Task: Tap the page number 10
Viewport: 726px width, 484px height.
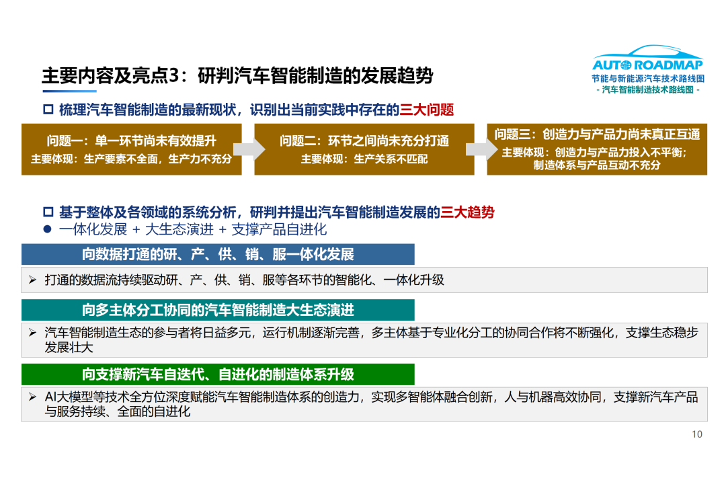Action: pyautogui.click(x=697, y=434)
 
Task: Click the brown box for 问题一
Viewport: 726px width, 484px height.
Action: pyautogui.click(x=132, y=149)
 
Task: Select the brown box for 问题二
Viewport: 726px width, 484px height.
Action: pyautogui.click(x=364, y=149)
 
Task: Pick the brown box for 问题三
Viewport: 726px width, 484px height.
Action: pyautogui.click(x=597, y=149)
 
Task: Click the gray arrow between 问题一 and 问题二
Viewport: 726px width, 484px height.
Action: pyautogui.click(x=249, y=149)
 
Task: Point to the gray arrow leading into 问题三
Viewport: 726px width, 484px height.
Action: pyautogui.click(x=481, y=149)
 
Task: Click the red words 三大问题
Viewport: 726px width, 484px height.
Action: pyautogui.click(x=426, y=110)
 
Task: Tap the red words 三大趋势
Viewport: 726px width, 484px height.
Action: pyautogui.click(x=467, y=212)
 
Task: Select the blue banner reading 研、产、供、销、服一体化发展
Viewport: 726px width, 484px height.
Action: pyautogui.click(x=218, y=254)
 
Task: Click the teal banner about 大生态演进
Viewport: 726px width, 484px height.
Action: pyautogui.click(x=218, y=310)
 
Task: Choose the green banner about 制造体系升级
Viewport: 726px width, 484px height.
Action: pyautogui.click(x=218, y=374)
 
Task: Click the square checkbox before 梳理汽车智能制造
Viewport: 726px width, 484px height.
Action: pyautogui.click(x=48, y=110)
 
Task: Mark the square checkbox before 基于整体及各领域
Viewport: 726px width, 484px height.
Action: pyautogui.click(x=48, y=212)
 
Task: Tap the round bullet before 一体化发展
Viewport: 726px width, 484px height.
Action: pyautogui.click(x=47, y=229)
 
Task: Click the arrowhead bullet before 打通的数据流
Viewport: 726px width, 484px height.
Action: pyautogui.click(x=32, y=280)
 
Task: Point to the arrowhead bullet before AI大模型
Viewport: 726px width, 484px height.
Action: pyautogui.click(x=32, y=397)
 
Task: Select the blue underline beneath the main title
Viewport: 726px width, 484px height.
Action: pyautogui.click(x=69, y=91)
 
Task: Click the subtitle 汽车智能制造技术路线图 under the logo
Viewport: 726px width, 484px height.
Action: pyautogui.click(x=648, y=90)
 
